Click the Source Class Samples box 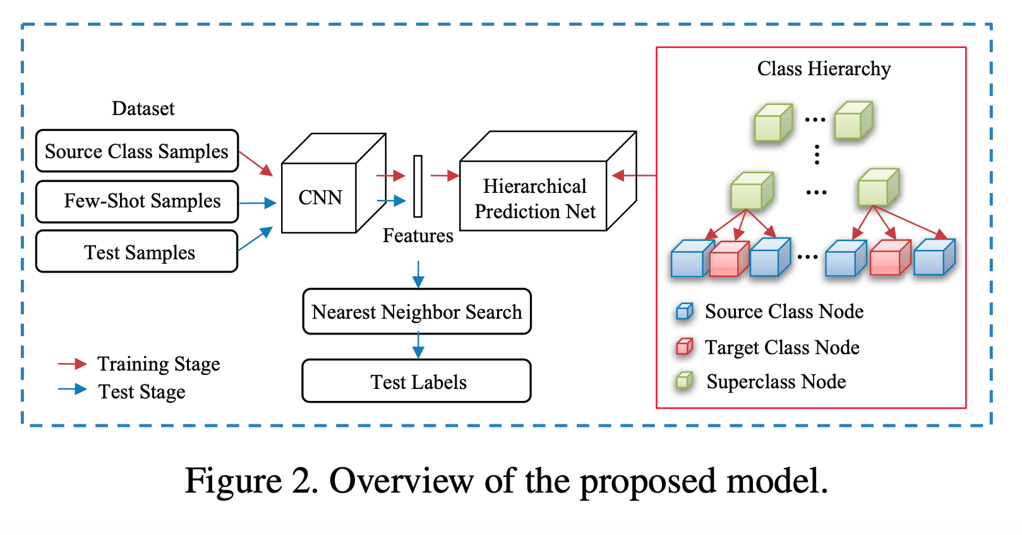136,151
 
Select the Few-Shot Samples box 136,202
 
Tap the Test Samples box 136,252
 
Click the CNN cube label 320,198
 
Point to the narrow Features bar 418,186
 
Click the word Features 418,236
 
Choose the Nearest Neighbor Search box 417,312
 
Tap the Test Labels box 417,381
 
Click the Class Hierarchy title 824,68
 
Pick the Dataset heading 143,109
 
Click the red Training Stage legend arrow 72,364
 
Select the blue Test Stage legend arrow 72,390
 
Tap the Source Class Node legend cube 685,311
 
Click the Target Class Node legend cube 685,347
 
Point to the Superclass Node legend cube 685,381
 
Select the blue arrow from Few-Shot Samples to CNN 258,203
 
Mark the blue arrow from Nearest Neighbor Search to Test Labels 418,345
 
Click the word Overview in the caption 401,481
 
